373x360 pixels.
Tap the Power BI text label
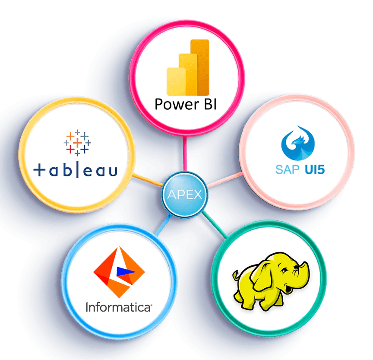185,104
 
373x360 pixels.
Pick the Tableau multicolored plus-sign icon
77,142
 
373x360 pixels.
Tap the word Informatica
119,307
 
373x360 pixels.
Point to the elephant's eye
284,271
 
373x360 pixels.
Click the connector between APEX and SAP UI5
224,180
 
